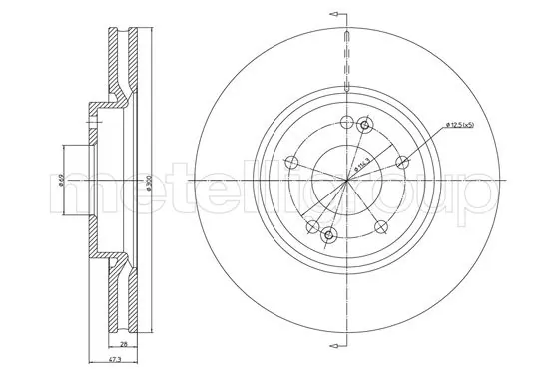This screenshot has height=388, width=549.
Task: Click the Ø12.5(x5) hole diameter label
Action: [x=456, y=124]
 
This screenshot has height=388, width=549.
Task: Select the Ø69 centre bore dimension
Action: [x=60, y=181]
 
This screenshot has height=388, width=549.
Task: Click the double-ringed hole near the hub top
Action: [x=364, y=125]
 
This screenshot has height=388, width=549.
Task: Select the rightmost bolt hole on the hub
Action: [x=402, y=162]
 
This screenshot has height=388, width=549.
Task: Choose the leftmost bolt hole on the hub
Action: [x=293, y=164]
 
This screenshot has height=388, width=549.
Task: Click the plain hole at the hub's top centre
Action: [x=345, y=124]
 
